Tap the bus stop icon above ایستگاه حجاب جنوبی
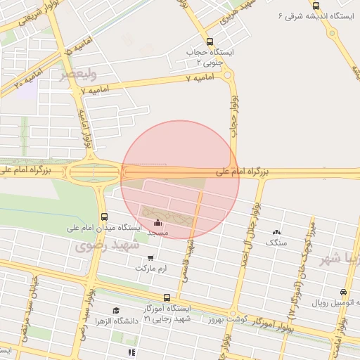(210, 41)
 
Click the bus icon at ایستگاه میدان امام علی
(104, 217)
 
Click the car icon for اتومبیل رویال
(343, 292)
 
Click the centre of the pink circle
(180, 180)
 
